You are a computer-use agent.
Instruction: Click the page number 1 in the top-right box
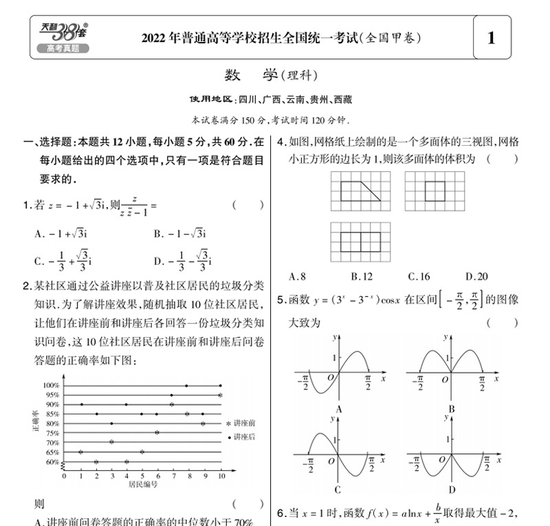coord(490,37)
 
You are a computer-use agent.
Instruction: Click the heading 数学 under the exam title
coord(251,75)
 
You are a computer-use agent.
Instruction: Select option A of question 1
coord(63,233)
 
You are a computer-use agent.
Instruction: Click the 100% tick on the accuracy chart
coord(52,386)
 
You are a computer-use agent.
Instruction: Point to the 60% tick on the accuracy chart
coord(53,462)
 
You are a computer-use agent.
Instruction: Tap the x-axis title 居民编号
coord(143,484)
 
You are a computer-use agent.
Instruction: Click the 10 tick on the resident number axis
coord(220,475)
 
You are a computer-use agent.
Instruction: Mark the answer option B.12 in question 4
coord(361,277)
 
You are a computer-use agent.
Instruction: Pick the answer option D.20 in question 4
coord(476,277)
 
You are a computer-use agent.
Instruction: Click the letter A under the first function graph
coord(337,410)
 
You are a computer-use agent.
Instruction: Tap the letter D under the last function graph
coord(451,490)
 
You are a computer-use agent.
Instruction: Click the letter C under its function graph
coord(337,490)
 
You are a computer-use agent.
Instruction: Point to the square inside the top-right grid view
coord(434,190)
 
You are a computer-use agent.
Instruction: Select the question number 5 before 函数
coord(280,300)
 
